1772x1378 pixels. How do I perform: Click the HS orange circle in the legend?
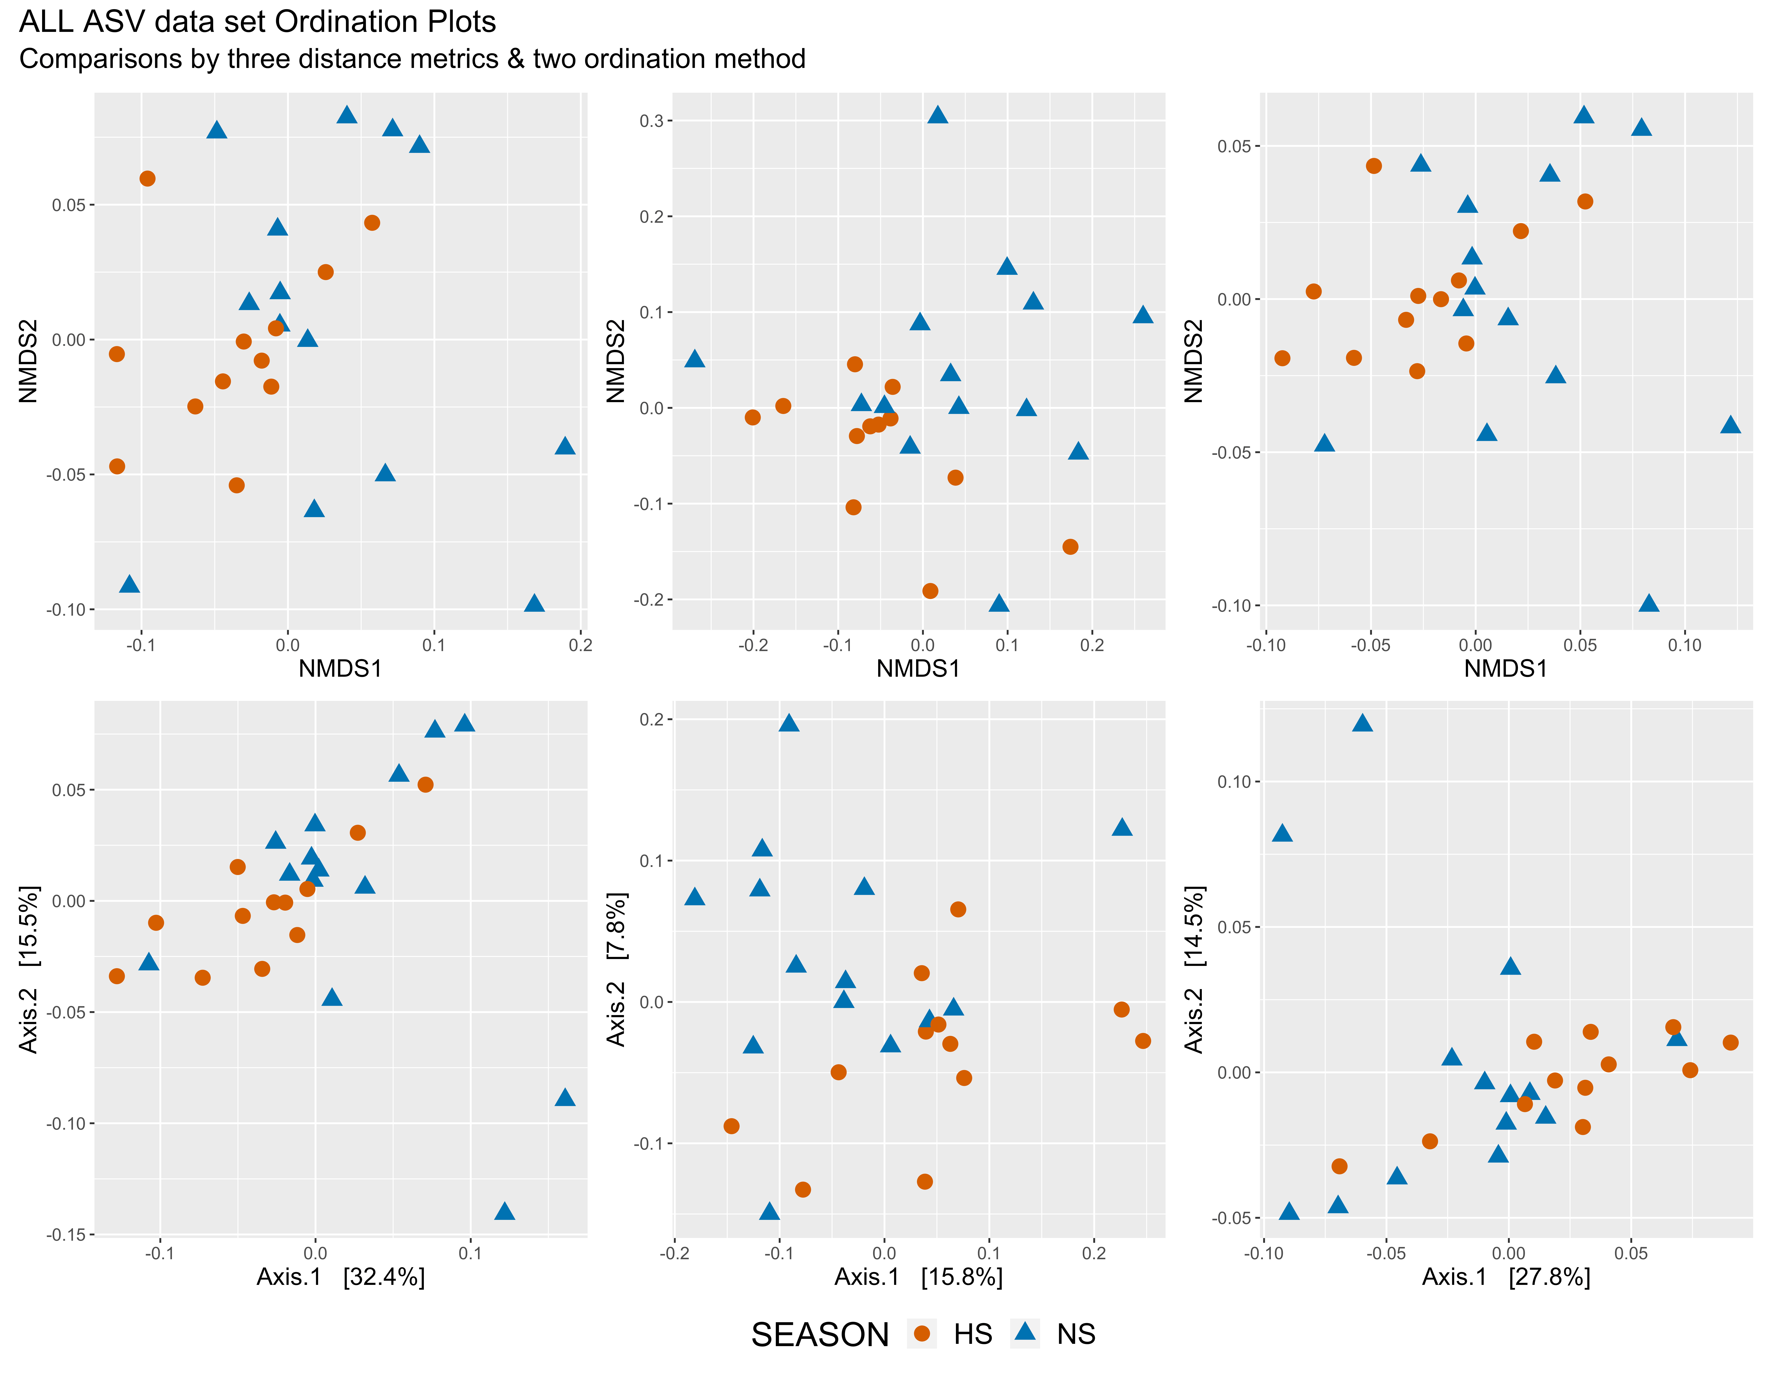pyautogui.click(x=922, y=1333)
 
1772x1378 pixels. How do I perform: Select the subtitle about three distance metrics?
pyautogui.click(x=412, y=59)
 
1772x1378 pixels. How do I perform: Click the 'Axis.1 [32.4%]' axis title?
pyautogui.click(x=341, y=1277)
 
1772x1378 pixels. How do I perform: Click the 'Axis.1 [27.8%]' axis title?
pyautogui.click(x=1506, y=1277)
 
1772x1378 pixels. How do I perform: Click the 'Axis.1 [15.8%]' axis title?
pyautogui.click(x=918, y=1277)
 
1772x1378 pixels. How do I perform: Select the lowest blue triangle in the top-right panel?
pyautogui.click(x=1649, y=603)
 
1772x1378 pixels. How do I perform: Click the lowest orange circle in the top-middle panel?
pyautogui.click(x=931, y=590)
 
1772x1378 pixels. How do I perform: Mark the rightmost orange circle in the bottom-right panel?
pyautogui.click(x=1731, y=1042)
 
